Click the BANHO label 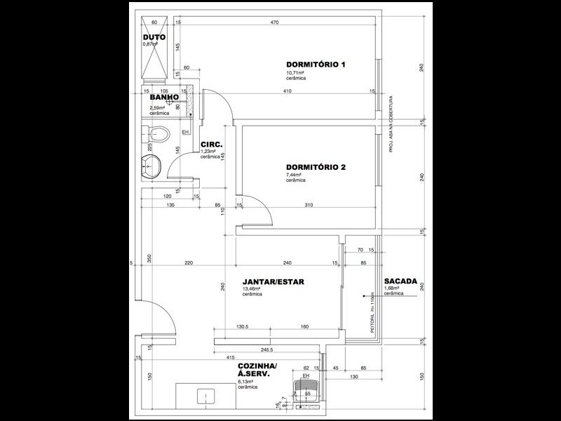(x=161, y=98)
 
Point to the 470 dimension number (x=274, y=23)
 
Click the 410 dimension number (x=288, y=91)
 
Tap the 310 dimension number (x=309, y=206)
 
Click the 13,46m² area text (x=252, y=289)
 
